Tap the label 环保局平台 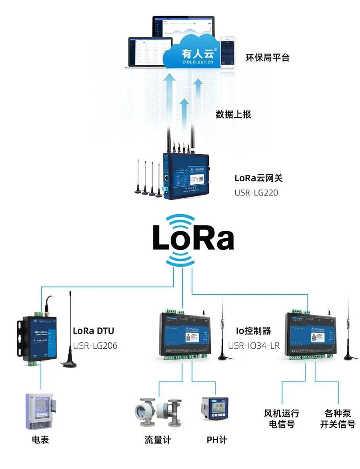[x=267, y=58]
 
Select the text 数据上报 [x=233, y=114]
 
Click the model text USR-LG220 [x=256, y=193]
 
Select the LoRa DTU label [x=93, y=331]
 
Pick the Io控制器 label [x=253, y=331]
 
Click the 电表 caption [x=40, y=440]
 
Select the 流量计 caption [x=158, y=440]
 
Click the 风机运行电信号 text [x=282, y=419]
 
